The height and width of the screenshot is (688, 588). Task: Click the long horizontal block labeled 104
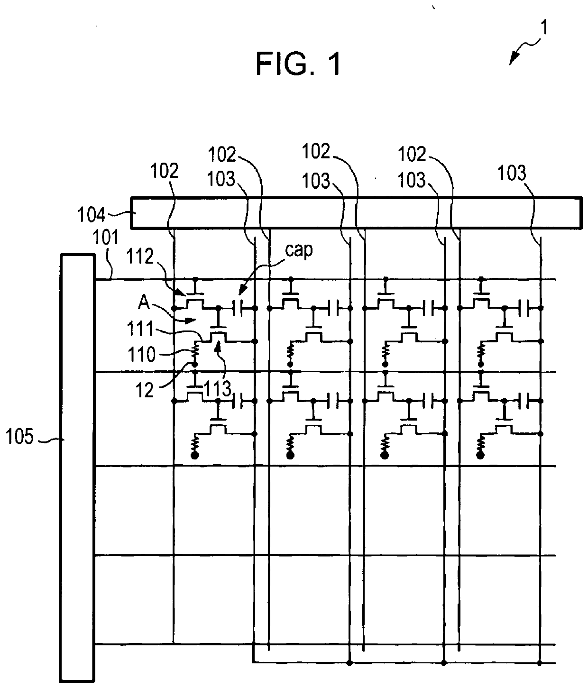pos(356,213)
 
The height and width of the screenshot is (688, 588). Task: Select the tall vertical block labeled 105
pos(77,467)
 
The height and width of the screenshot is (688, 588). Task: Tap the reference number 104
pos(91,215)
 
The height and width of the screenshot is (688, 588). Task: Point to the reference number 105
pos(19,437)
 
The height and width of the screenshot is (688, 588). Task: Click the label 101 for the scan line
pos(106,238)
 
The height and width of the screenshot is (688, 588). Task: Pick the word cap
pos(299,250)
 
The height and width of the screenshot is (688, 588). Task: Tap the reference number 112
pos(140,257)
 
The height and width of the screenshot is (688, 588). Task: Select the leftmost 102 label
pos(165,171)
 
